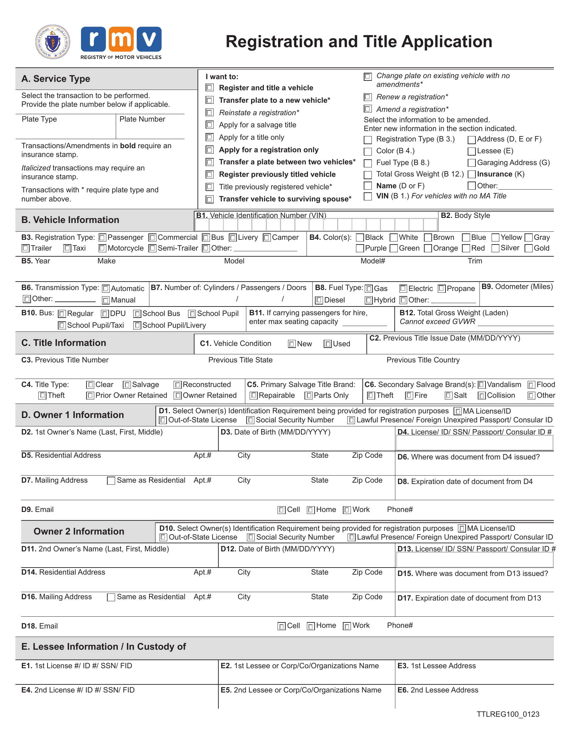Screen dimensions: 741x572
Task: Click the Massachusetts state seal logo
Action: point(52,42)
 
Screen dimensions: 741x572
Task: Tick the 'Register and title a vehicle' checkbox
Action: point(210,88)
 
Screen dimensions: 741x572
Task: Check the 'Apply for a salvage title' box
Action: point(210,125)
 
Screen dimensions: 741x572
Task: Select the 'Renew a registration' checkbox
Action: point(367,97)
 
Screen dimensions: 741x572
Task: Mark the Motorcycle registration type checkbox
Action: point(102,248)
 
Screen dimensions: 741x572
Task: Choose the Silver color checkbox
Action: point(495,248)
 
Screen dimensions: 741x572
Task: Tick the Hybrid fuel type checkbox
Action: point(369,300)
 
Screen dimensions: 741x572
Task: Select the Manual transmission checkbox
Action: point(106,300)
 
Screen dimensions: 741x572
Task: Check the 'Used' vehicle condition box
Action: point(327,344)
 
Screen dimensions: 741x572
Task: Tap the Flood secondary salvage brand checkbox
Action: point(531,385)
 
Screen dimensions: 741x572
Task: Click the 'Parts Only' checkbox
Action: point(308,396)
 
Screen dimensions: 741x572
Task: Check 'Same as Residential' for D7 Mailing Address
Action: point(111,481)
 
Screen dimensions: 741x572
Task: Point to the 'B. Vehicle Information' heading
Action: point(70,220)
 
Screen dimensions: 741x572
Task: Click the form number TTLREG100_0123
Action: point(508,714)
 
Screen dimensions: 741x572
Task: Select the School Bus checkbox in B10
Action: point(137,314)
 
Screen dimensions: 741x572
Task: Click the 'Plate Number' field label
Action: point(142,119)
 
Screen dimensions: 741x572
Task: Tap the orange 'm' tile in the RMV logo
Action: point(121,39)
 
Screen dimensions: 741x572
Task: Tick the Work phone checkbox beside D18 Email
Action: point(347,626)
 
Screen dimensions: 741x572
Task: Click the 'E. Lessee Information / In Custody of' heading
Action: point(103,647)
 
